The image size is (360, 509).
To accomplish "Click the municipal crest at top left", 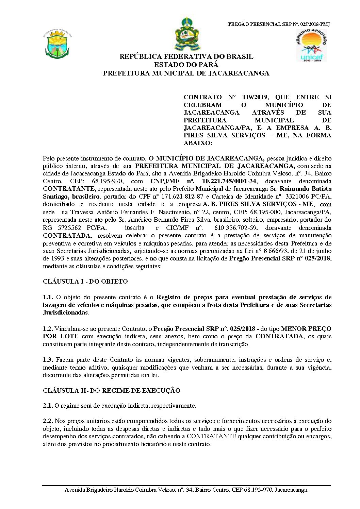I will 58,45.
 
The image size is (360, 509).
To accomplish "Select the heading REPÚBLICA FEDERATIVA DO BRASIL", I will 186,57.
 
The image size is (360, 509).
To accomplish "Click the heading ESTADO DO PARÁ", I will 186,65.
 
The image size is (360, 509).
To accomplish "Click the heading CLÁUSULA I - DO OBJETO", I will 85,282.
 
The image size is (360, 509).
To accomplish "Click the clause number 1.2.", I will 48,329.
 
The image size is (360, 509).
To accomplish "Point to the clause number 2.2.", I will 48,421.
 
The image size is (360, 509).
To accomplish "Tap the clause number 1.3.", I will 48,359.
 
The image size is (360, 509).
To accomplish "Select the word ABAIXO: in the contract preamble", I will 198,143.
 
